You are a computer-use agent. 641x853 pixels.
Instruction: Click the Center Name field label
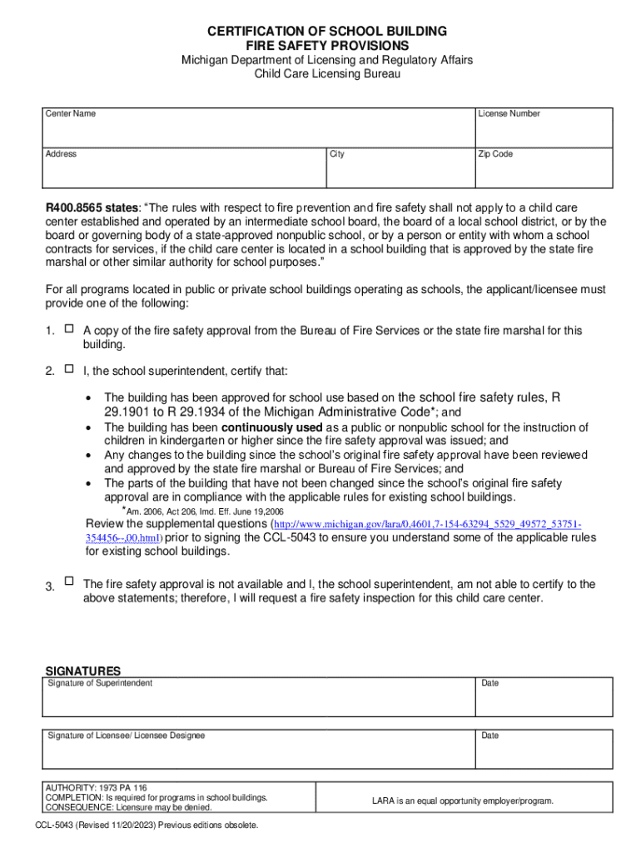[x=71, y=113]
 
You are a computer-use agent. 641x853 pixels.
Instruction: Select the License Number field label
[x=509, y=113]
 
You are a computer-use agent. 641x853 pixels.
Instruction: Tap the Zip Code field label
[x=495, y=154]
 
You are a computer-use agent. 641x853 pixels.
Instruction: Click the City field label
[x=337, y=154]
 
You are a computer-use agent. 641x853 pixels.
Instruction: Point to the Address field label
[x=62, y=154]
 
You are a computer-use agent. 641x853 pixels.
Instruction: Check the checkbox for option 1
[x=69, y=330]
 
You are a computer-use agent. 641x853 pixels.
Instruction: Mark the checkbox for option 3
[x=69, y=581]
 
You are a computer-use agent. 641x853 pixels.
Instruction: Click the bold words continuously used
[x=272, y=427]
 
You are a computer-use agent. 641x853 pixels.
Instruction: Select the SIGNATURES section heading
[x=82, y=671]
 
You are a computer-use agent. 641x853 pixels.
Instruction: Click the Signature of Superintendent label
[x=100, y=683]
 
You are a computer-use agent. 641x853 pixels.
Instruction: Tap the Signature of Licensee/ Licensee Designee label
[x=127, y=736]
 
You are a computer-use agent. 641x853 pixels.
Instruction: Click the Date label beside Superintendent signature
[x=489, y=683]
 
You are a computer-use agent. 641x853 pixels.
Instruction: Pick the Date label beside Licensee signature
[x=489, y=736]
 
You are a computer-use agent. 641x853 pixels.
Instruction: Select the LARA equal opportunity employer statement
[x=462, y=801]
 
